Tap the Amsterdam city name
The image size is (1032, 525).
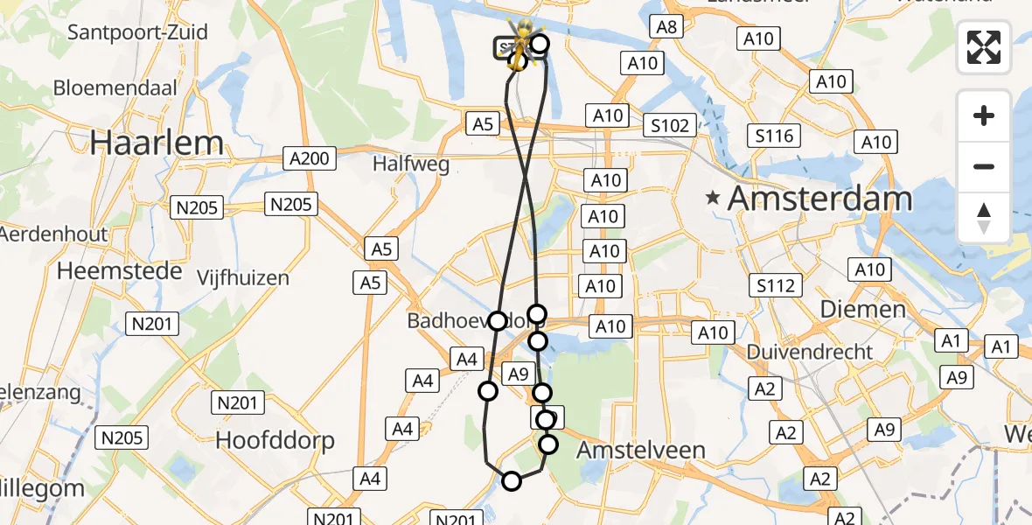pos(819,199)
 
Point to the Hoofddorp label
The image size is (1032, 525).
pos(275,439)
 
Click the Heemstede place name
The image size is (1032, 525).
pos(120,270)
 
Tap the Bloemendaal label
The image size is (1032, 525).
pos(115,87)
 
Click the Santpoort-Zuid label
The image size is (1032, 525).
pos(138,32)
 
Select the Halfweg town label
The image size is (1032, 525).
pos(410,164)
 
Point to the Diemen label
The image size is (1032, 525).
pos(863,309)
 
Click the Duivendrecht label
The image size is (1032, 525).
pos(810,352)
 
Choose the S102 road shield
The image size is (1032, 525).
pos(670,125)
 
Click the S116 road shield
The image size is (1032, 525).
pos(775,136)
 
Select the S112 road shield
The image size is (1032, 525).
pos(776,285)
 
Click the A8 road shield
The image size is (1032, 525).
pos(667,27)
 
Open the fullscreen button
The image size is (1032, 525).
pos(984,47)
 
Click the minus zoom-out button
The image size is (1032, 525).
pos(984,166)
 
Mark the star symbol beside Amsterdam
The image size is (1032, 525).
pos(715,199)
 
